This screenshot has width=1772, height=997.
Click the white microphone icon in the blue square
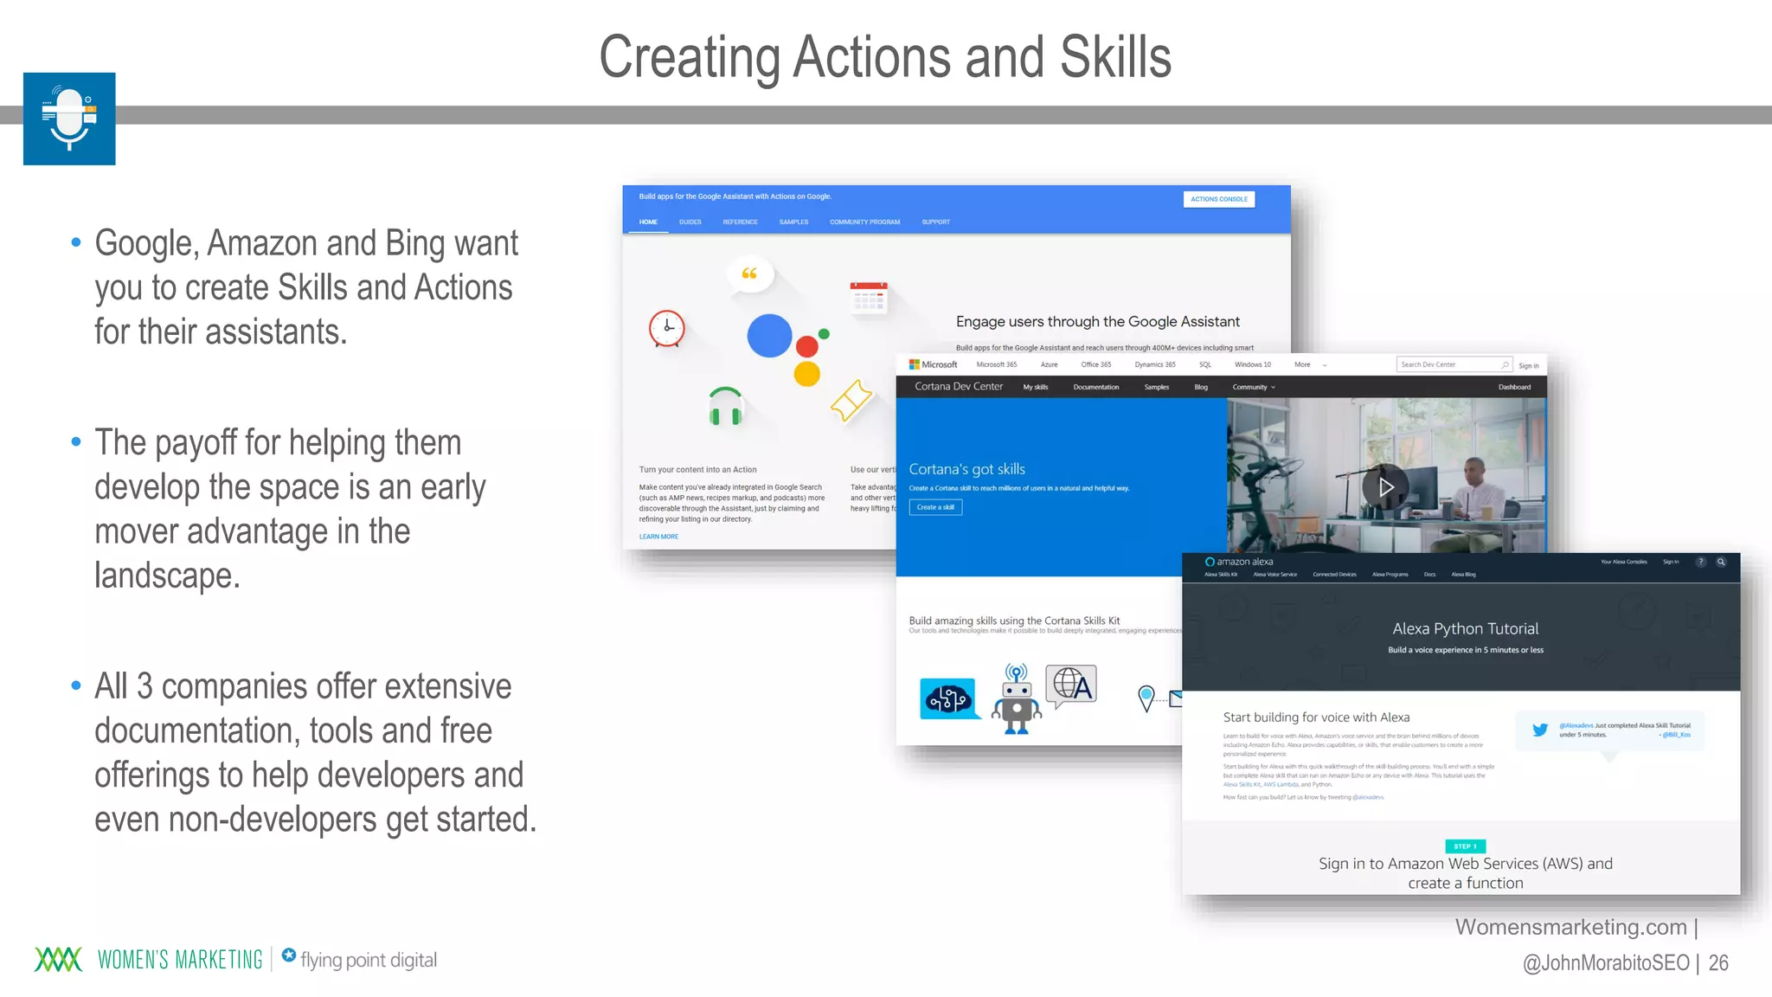click(69, 119)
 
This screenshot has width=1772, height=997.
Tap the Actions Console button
click(1218, 199)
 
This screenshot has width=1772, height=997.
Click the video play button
click(1384, 487)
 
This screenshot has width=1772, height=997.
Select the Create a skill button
click(935, 507)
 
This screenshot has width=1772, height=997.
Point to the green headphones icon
click(725, 406)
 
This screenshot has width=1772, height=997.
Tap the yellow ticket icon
click(851, 400)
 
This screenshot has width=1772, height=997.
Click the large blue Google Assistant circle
click(769, 336)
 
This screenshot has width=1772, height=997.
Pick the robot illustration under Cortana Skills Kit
click(1017, 699)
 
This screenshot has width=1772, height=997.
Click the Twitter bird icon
click(1540, 730)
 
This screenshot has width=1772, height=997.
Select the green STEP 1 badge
click(1465, 846)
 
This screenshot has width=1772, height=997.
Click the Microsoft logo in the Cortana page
click(934, 364)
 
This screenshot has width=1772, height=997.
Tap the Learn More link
click(658, 537)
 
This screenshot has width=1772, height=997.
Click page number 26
click(1718, 962)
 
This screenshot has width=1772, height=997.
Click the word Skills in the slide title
click(1115, 57)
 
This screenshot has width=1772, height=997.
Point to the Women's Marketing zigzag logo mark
click(58, 959)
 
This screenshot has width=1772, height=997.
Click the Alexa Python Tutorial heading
click(1465, 628)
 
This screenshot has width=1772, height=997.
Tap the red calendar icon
click(869, 297)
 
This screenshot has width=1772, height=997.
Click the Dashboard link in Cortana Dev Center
click(1514, 387)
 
